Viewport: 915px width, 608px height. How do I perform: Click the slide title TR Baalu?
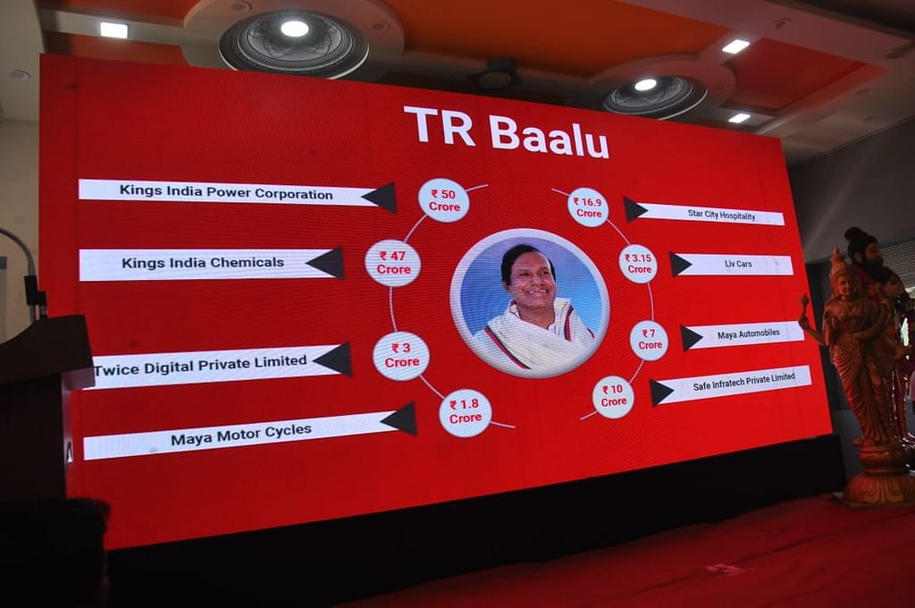507,132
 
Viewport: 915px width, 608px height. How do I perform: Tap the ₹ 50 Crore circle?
443,200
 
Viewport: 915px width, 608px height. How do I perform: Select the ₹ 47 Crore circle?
393,263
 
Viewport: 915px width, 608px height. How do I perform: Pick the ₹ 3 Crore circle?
401,356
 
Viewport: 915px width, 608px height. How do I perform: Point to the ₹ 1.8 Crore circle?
465,411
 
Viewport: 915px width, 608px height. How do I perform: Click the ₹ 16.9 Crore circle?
588,207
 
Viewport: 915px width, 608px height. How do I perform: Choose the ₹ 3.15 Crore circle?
638,264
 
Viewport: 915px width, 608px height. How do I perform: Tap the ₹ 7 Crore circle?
649,340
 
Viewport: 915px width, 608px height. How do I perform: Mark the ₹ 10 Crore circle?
613,397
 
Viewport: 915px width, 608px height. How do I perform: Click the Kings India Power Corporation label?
226,193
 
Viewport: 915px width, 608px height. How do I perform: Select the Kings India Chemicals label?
203,263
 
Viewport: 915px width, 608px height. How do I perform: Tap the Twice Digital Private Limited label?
200,365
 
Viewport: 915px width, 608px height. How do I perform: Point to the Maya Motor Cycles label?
241,435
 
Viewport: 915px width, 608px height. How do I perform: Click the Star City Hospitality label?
721,215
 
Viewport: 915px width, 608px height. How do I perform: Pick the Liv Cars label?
738,264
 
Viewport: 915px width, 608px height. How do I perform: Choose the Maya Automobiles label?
748,334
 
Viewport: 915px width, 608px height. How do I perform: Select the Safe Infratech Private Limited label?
743,382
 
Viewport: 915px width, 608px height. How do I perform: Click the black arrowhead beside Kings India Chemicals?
325,264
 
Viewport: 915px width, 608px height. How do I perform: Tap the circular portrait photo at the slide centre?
529,303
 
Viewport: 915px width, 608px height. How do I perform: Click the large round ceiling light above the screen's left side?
294,43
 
